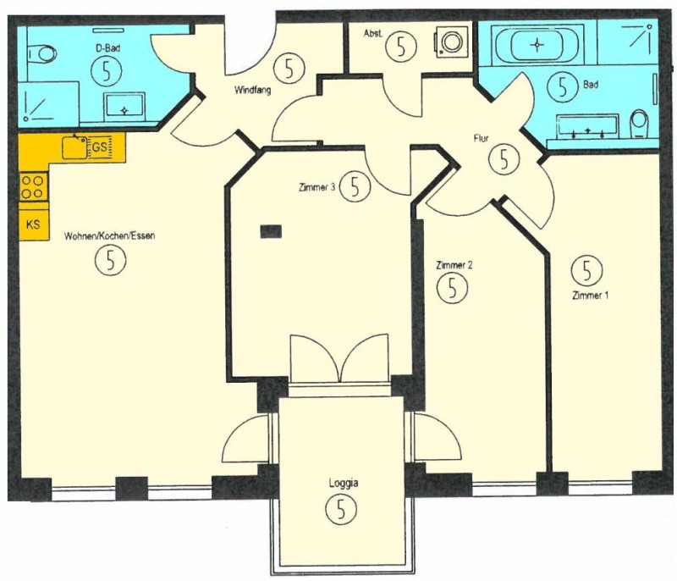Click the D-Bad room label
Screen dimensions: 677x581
point(107,48)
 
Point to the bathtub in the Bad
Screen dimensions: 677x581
point(537,44)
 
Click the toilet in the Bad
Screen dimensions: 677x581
point(641,124)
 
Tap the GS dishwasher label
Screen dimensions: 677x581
point(100,147)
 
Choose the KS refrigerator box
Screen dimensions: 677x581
point(34,225)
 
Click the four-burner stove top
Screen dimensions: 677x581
point(33,186)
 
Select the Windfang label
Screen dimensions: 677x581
point(252,91)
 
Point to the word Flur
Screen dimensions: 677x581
point(481,139)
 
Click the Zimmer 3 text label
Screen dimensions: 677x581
point(316,187)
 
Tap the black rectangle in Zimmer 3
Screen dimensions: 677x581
point(271,231)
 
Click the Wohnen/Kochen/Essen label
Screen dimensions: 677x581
point(110,235)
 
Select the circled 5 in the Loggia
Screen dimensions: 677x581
point(341,509)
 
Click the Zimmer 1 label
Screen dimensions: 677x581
point(590,296)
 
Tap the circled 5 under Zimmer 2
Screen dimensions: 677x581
point(452,288)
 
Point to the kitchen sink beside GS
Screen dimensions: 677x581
point(74,147)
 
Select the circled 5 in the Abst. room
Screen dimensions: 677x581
point(401,47)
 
